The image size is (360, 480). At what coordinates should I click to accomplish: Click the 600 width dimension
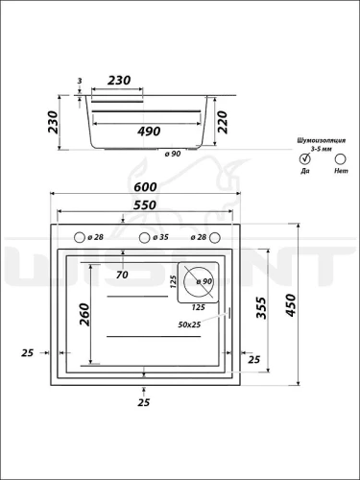click(x=145, y=186)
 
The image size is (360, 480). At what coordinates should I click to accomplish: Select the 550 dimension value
click(x=145, y=204)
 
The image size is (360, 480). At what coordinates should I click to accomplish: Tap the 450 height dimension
click(x=291, y=305)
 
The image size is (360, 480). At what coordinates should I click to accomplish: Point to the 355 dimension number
click(x=261, y=308)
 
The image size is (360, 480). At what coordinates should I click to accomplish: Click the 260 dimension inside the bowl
click(x=84, y=315)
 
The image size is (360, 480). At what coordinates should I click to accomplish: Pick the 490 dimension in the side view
click(x=149, y=132)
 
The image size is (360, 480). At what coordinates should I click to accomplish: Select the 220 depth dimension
click(x=222, y=122)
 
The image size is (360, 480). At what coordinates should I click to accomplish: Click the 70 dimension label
click(x=122, y=275)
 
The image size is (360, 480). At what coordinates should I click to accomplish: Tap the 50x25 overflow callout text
click(x=189, y=324)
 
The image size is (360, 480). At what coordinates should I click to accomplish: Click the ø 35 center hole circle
click(x=144, y=238)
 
